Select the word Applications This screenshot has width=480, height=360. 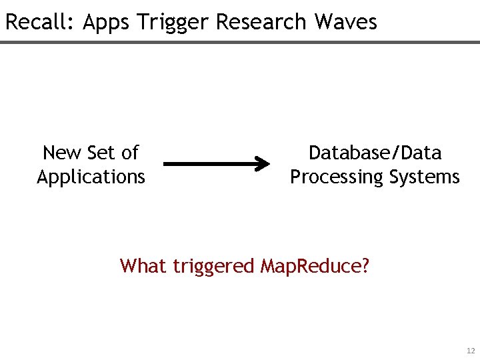91,177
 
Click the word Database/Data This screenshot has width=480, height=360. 375,153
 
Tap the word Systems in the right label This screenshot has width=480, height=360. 426,177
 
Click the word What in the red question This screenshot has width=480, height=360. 143,266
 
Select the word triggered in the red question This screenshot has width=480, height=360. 213,267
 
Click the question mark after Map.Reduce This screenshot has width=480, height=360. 364,266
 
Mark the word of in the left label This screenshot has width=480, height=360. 129,153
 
